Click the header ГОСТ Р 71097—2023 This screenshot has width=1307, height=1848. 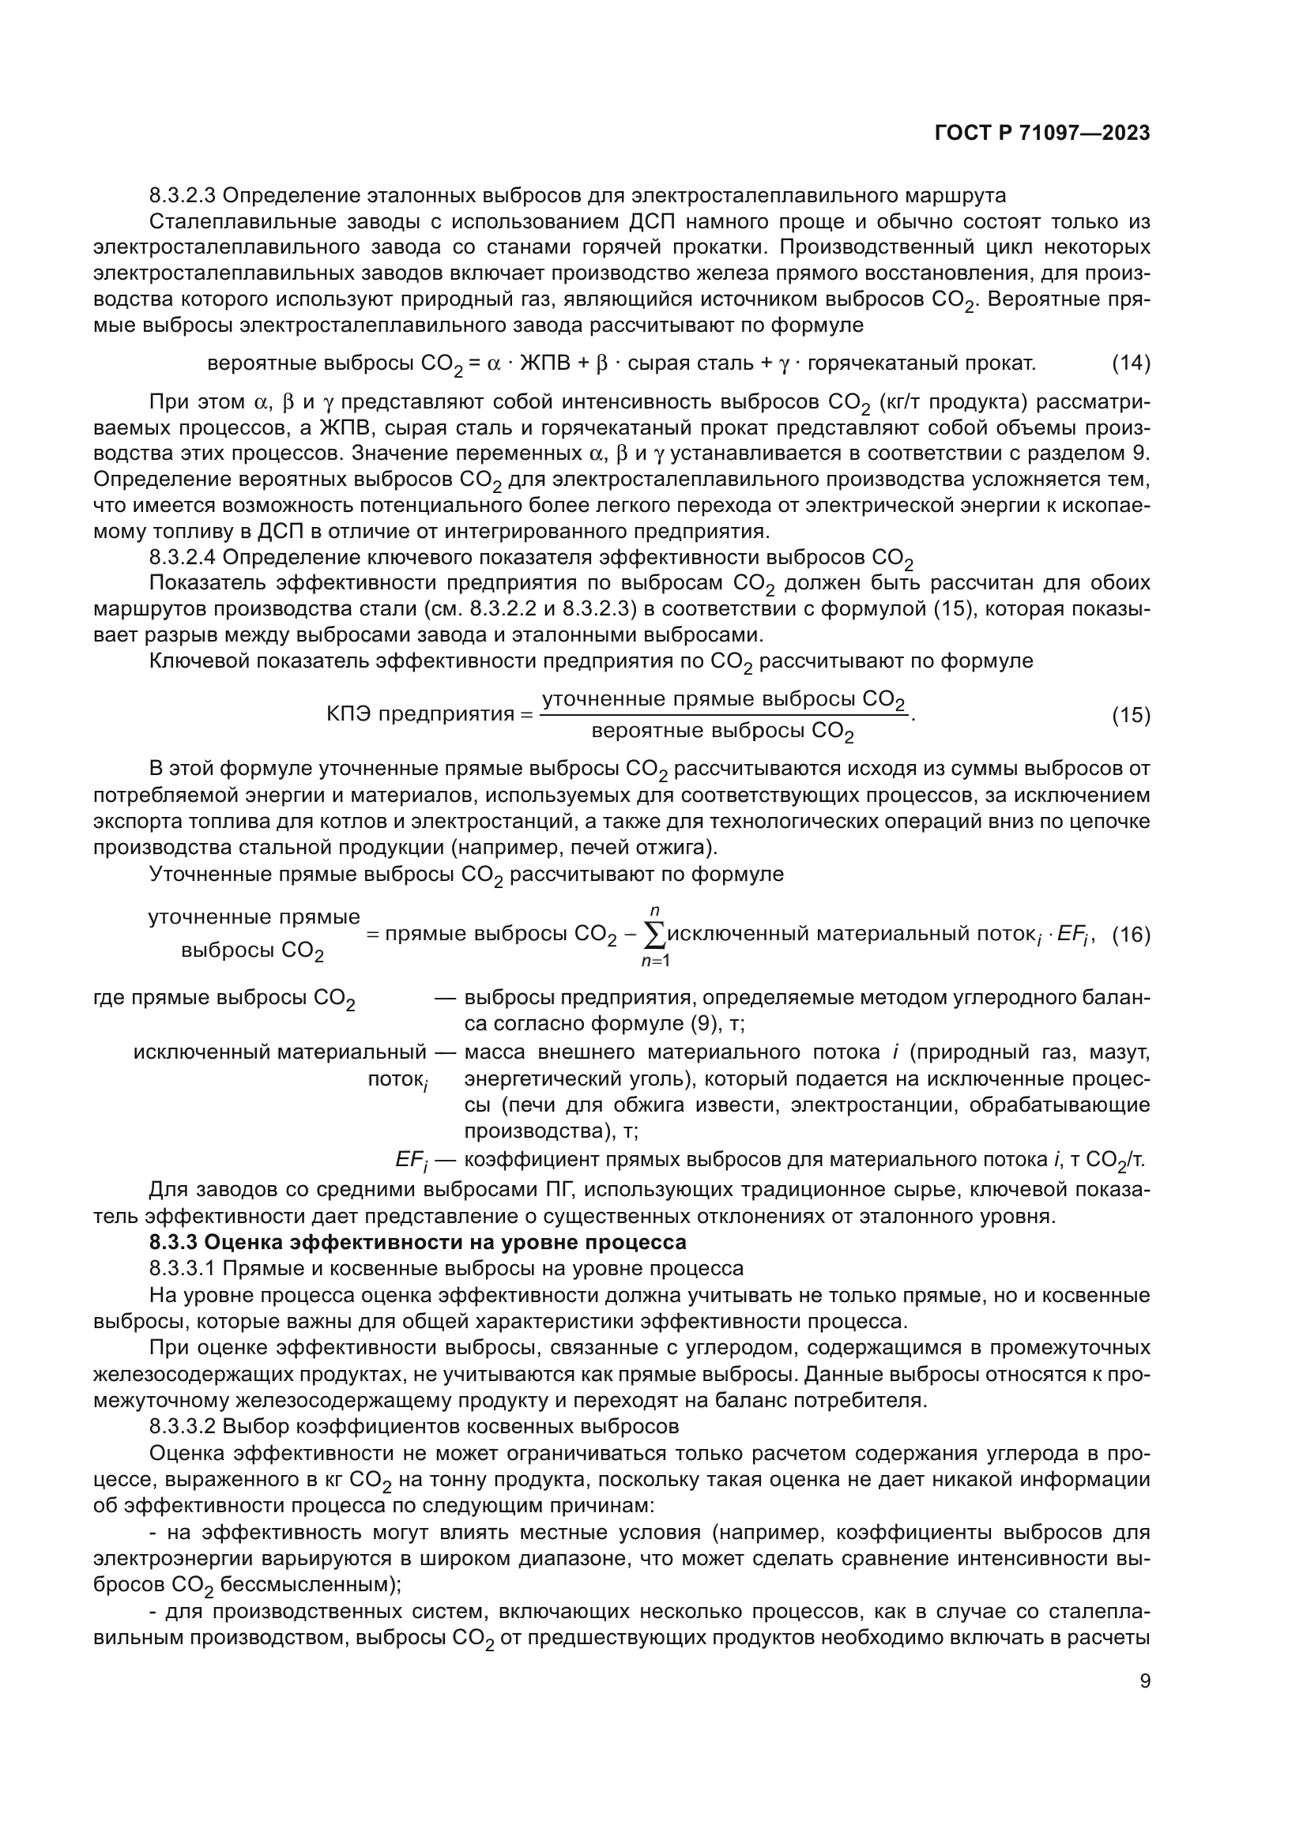[x=1042, y=134]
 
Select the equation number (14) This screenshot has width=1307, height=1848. [x=1131, y=363]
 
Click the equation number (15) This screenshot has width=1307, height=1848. [x=1131, y=715]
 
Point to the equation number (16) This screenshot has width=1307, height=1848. [x=1131, y=935]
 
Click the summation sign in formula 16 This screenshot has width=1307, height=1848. [x=656, y=935]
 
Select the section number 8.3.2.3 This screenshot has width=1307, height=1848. [x=183, y=195]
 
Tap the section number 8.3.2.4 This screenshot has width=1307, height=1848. [x=183, y=557]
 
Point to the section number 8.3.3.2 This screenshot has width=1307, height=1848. [x=183, y=1426]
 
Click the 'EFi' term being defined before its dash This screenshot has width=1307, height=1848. [x=411, y=1160]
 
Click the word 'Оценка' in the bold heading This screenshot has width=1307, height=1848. [x=246, y=1242]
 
